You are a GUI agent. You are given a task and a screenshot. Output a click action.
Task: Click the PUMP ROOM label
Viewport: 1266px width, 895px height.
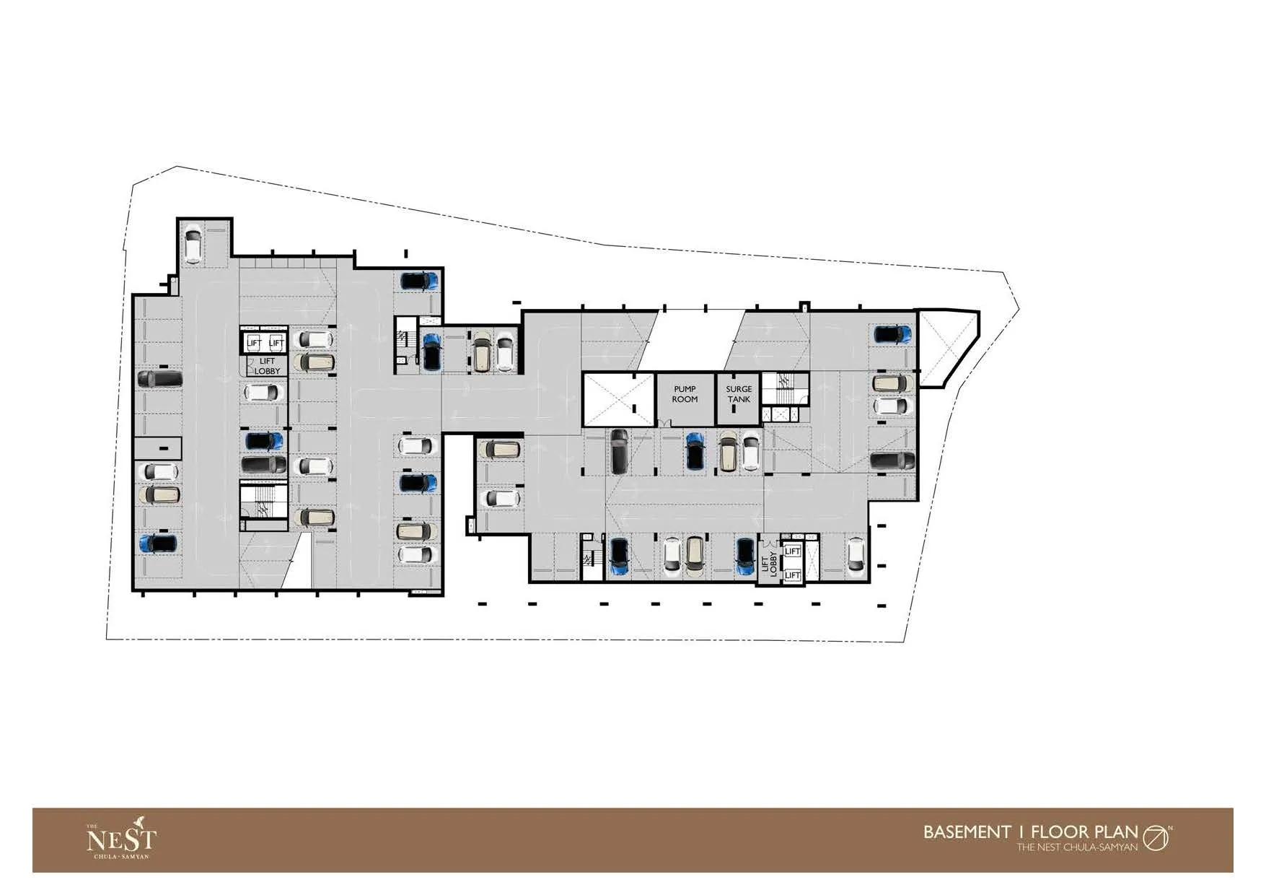(x=685, y=394)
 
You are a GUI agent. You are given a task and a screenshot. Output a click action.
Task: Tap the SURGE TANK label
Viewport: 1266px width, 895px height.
(x=739, y=394)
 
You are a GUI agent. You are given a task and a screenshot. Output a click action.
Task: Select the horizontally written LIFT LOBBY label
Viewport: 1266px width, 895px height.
(x=267, y=366)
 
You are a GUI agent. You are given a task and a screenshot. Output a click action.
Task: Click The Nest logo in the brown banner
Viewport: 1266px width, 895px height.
(x=120, y=840)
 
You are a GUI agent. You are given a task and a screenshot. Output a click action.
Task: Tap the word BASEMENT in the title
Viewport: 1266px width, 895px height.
(x=967, y=831)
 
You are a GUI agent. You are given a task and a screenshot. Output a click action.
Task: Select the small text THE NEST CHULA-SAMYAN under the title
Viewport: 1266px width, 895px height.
(x=1077, y=847)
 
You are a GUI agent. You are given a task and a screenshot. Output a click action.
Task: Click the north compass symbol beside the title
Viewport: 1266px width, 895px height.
(x=1156, y=837)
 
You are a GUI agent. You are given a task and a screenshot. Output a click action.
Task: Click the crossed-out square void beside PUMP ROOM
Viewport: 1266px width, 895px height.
(x=618, y=399)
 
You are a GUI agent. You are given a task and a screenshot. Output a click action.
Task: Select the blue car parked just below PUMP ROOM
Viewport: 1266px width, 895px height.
(x=695, y=451)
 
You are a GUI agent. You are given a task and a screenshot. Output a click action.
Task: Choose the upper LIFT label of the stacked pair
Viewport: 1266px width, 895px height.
(x=792, y=551)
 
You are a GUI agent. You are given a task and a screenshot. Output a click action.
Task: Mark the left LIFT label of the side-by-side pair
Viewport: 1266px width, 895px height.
(x=254, y=343)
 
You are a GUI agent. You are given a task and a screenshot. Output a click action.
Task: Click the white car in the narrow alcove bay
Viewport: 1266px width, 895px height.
(x=193, y=245)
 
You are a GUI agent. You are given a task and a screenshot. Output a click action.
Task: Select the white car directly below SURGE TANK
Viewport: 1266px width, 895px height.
(x=751, y=451)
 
